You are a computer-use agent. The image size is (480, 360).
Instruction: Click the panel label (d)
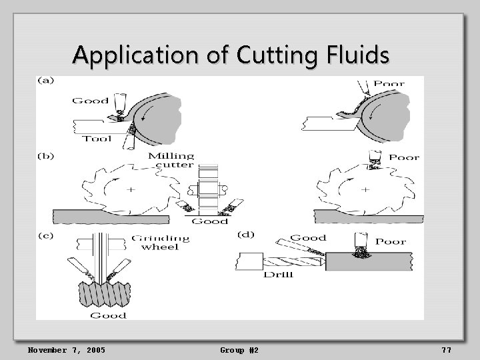point(247,235)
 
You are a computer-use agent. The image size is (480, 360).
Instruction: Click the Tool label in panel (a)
point(97,139)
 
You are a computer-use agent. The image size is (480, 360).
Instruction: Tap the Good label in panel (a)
point(90,101)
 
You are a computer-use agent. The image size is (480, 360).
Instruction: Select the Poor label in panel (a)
point(389,84)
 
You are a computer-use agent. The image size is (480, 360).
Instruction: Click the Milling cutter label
point(171,160)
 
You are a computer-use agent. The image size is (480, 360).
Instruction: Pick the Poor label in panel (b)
point(404,158)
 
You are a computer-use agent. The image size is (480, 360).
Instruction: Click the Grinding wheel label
point(160,242)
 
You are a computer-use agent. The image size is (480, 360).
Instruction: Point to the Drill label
point(279,274)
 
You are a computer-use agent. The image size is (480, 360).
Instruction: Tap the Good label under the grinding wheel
point(108,315)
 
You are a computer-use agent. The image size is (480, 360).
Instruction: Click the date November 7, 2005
point(66,350)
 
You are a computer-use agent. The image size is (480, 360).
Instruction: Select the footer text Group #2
point(239,350)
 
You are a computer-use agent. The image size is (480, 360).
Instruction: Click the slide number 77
point(446,350)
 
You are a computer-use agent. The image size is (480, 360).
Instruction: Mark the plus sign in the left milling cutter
point(131,189)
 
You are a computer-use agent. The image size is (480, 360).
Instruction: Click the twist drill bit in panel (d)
point(293,262)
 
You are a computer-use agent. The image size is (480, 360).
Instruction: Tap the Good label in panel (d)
point(308,238)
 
